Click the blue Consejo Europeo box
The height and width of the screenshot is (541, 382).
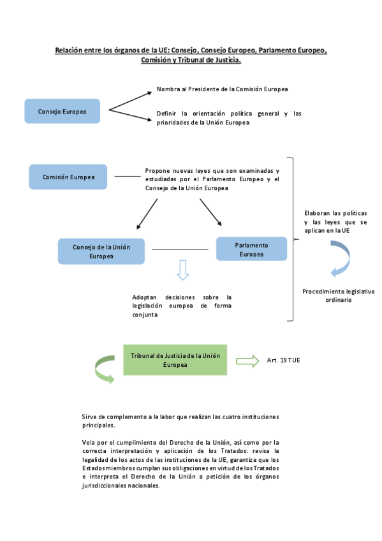[62, 111]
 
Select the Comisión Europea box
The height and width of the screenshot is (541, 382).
[68, 177]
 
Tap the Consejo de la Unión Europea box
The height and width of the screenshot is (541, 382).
[101, 251]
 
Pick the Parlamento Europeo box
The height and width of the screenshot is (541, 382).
[251, 249]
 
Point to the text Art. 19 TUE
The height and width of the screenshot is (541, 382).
[283, 361]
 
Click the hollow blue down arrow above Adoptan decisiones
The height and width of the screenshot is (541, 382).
[183, 270]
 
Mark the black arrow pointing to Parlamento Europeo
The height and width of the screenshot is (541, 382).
[211, 212]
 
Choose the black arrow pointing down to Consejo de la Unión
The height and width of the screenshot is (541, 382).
[147, 213]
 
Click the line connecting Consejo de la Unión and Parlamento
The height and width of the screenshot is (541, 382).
[180, 249]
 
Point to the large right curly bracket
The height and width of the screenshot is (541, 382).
[292, 239]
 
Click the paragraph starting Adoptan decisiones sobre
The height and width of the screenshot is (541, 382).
[182, 306]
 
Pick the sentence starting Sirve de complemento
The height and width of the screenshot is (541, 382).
[180, 420]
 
